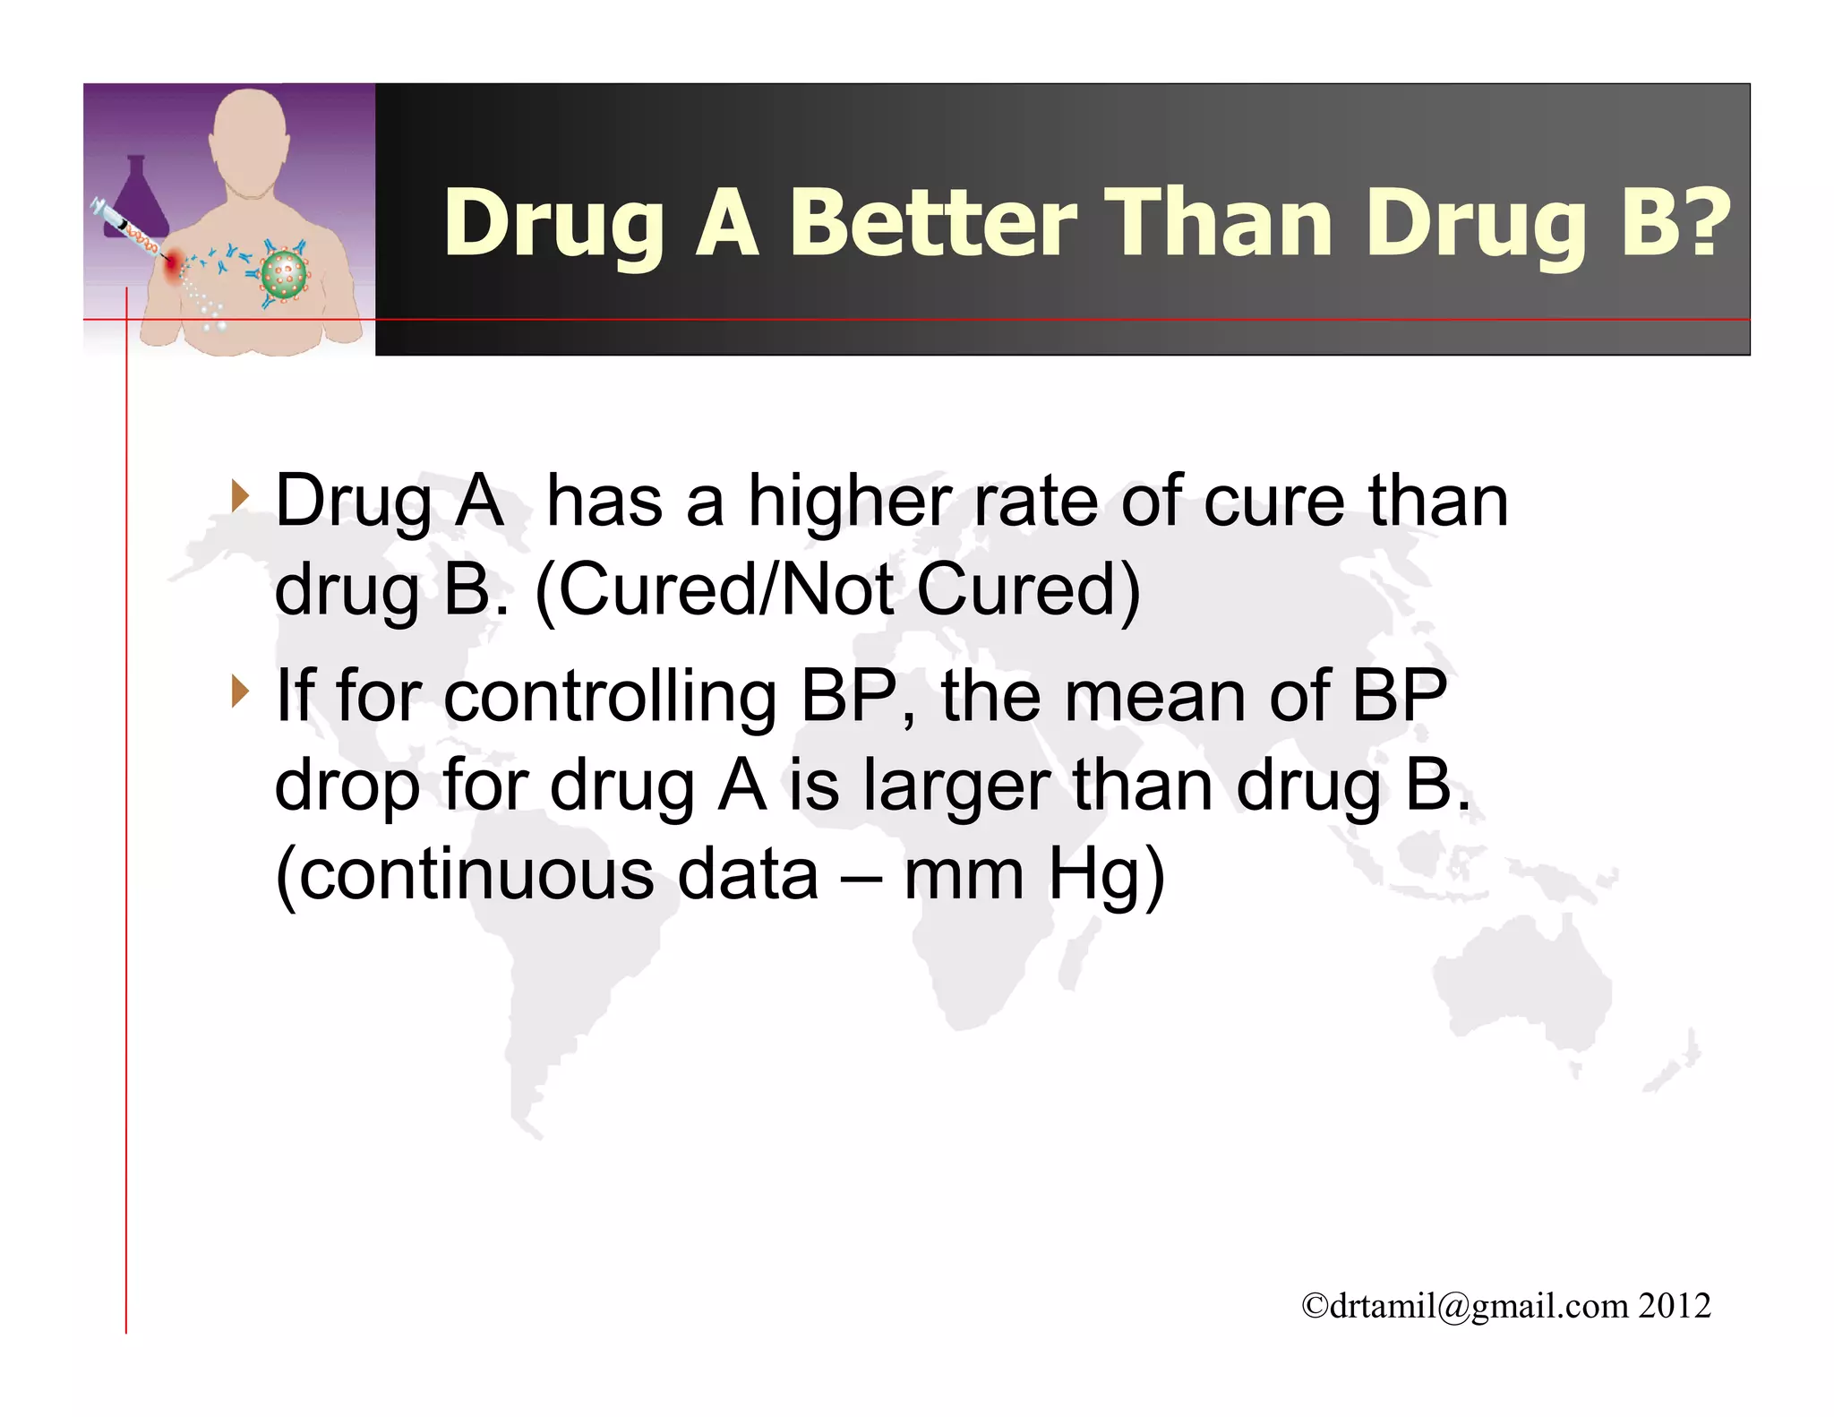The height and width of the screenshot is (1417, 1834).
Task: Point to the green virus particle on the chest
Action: [x=285, y=274]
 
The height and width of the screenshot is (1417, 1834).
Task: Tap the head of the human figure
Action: [x=249, y=134]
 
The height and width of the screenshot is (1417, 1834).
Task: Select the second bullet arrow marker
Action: [x=238, y=691]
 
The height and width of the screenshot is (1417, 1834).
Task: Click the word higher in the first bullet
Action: [x=849, y=502]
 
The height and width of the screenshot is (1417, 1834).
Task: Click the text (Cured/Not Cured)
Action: [x=837, y=590]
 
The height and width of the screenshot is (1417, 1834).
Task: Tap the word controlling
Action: [x=610, y=696]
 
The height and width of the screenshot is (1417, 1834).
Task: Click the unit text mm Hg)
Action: [x=1034, y=874]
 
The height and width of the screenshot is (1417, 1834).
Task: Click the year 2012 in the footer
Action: [x=1675, y=1306]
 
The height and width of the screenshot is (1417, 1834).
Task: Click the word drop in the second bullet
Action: [x=347, y=786]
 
